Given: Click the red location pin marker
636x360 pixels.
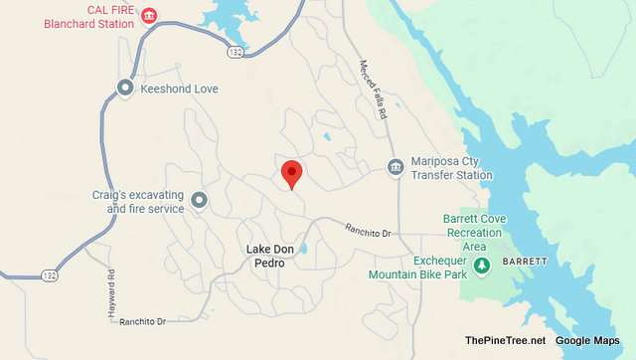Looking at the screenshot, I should click(x=291, y=173).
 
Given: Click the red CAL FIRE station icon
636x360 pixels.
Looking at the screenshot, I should click(x=150, y=15).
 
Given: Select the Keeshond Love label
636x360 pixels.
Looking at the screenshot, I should click(x=179, y=89).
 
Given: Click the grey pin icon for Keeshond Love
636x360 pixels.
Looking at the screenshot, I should click(x=125, y=88).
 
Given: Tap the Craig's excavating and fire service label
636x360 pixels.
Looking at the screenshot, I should click(x=145, y=203).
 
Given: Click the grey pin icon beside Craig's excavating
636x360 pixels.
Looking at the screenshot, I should click(x=199, y=202).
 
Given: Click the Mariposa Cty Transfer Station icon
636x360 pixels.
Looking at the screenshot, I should click(x=396, y=167).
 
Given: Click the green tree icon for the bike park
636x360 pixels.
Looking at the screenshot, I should click(x=483, y=266).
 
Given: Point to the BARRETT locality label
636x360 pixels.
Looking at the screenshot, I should click(x=524, y=261).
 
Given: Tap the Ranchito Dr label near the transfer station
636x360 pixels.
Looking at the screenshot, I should click(x=369, y=231).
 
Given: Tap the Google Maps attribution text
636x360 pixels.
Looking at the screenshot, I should click(x=592, y=341).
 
